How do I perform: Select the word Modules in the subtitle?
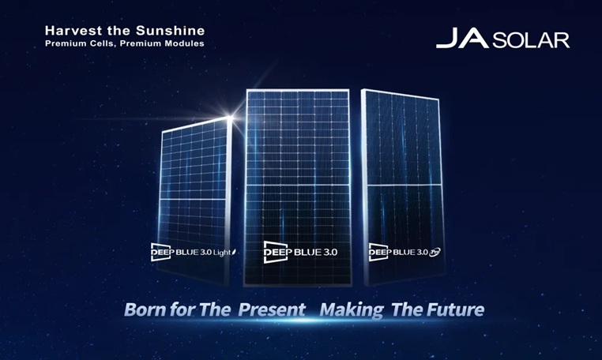pyautogui.click(x=185, y=43)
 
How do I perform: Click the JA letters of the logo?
pyautogui.click(x=463, y=38)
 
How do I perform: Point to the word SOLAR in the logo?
pyautogui.click(x=531, y=40)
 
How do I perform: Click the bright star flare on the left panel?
pyautogui.click(x=231, y=117)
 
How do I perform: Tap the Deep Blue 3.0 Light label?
pyautogui.click(x=194, y=252)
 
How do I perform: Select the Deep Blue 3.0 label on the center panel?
pyautogui.click(x=300, y=252)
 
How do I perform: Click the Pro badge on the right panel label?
pyautogui.click(x=435, y=252)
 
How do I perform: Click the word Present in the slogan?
pyautogui.click(x=272, y=309)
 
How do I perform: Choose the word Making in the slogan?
pyautogui.click(x=352, y=310)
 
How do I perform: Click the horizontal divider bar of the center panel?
pyautogui.click(x=298, y=185)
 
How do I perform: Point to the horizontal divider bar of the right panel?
pyautogui.click(x=404, y=186)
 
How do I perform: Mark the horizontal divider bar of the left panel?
pyautogui.click(x=192, y=199)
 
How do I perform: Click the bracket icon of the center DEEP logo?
pyautogui.click(x=275, y=252)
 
